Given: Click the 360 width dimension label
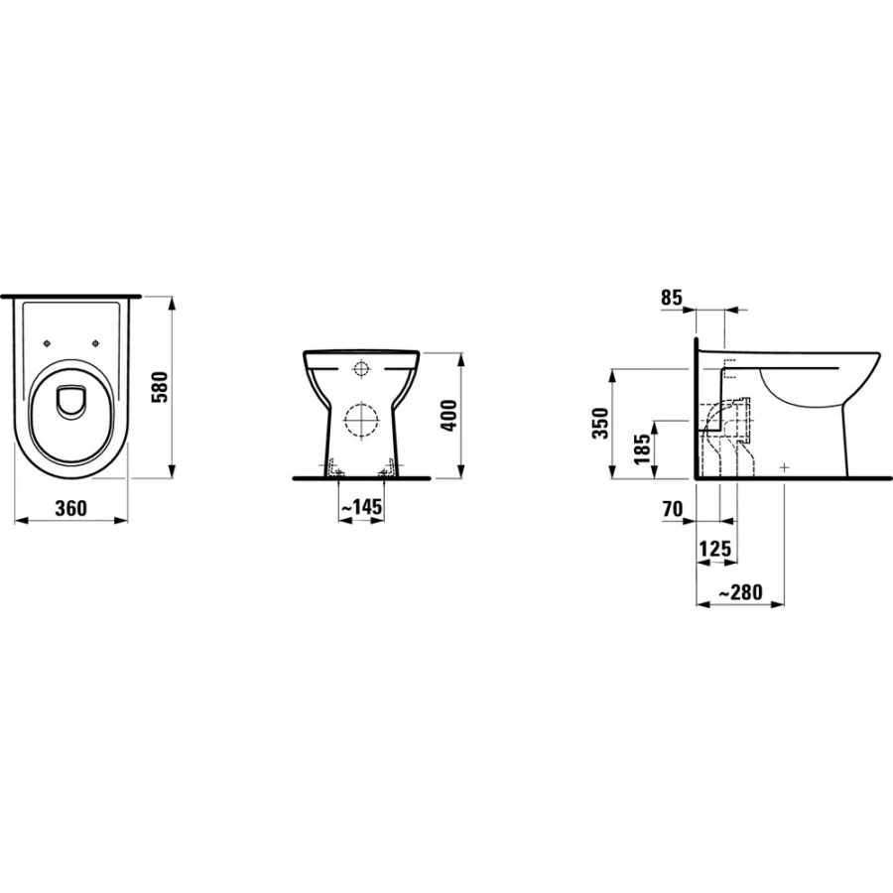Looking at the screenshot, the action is pyautogui.click(x=71, y=508).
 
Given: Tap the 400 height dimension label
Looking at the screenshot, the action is pyautogui.click(x=449, y=416).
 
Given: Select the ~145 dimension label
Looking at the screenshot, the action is pyautogui.click(x=361, y=506).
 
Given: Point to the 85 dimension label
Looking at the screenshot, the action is pyautogui.click(x=672, y=298).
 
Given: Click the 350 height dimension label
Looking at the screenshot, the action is pyautogui.click(x=601, y=423).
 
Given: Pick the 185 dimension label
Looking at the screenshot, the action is pyautogui.click(x=642, y=449).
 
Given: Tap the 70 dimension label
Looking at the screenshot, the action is pyautogui.click(x=673, y=509).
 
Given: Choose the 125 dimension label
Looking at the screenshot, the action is pyautogui.click(x=714, y=549).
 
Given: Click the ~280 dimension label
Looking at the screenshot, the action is pyautogui.click(x=740, y=591).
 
